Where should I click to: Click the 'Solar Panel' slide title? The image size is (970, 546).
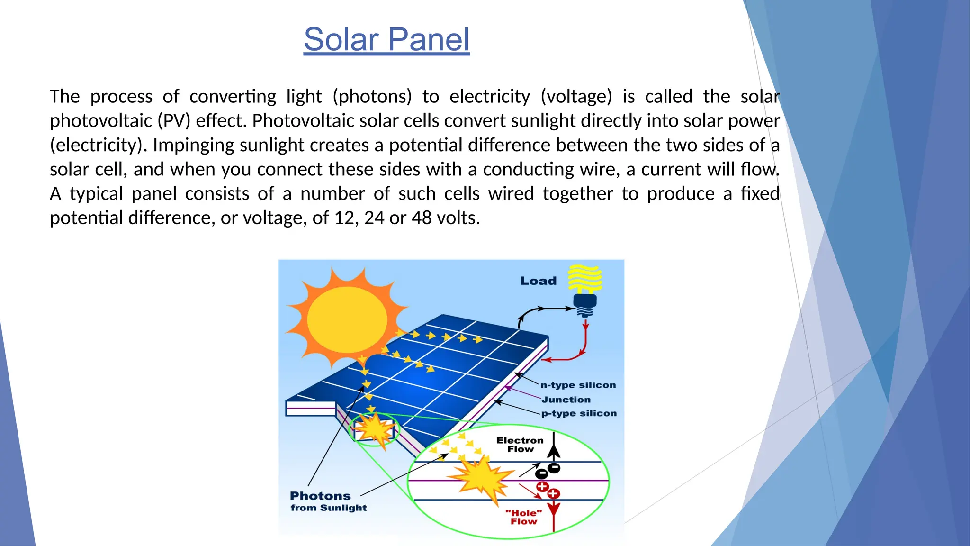[x=386, y=40]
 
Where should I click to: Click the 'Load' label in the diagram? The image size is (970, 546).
[x=538, y=281]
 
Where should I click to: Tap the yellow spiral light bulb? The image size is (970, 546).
[x=585, y=279]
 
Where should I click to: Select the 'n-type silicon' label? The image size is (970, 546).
[x=578, y=385]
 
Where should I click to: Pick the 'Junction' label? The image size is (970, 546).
[x=566, y=400]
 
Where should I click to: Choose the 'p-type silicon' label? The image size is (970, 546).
[x=579, y=413]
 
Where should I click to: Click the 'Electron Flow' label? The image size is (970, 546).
[x=520, y=445]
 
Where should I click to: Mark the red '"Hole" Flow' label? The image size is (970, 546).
[x=523, y=517]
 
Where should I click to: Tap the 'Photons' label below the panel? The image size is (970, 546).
[x=320, y=496]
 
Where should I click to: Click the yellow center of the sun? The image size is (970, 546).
[x=347, y=319]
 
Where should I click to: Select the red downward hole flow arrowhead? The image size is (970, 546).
[x=554, y=510]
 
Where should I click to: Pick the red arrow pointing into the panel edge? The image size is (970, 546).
[x=547, y=360]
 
